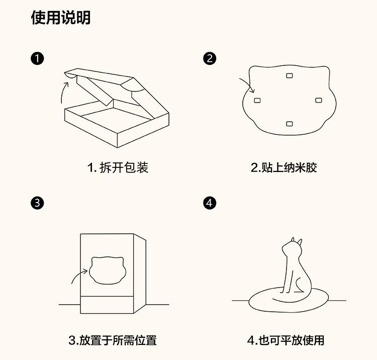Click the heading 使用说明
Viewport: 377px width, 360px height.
(61, 17)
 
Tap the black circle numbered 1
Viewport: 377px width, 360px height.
(37, 58)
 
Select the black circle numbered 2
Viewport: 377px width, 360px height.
(210, 58)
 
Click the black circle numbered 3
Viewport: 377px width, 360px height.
(37, 203)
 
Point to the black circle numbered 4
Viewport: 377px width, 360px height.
(210, 203)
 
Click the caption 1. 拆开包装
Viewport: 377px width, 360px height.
(118, 167)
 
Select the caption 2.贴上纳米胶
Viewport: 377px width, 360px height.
(284, 167)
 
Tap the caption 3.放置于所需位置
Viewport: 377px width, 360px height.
(113, 340)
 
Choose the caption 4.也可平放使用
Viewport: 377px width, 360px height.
(286, 340)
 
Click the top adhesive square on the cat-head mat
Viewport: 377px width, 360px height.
(290, 76)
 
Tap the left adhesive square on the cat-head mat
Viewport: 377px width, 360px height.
(257, 100)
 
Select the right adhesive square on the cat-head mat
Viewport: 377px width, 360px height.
(319, 100)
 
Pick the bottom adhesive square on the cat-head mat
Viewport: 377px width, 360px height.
(290, 124)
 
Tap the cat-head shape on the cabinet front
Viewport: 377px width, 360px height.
(108, 270)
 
